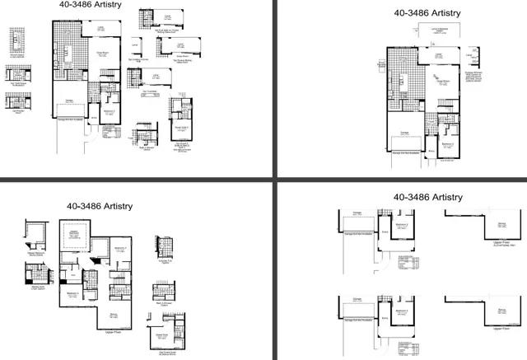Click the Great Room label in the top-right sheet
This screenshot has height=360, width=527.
441,82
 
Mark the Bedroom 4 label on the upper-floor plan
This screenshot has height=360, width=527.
73,294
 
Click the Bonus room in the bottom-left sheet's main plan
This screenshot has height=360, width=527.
114,314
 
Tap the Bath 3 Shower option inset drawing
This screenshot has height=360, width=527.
161,293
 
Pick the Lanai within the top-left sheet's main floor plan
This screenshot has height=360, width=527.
100,31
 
